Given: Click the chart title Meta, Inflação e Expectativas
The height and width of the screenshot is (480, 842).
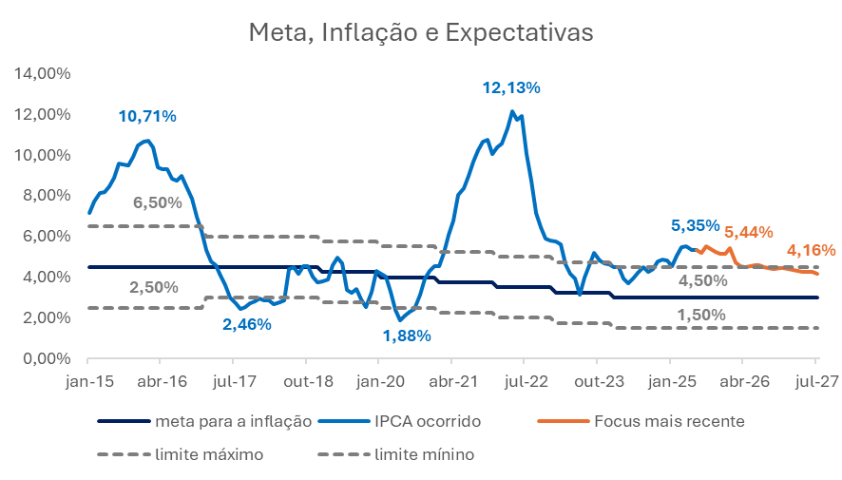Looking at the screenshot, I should [x=420, y=32].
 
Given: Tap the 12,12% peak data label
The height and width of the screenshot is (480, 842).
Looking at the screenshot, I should [x=511, y=87].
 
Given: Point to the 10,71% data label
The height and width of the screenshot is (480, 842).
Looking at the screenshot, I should [x=147, y=116].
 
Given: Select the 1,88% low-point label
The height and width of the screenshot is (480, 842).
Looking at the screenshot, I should [x=407, y=336].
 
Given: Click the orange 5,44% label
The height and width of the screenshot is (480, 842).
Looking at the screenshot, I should [x=748, y=231].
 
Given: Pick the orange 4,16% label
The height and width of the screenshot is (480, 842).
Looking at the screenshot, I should [x=811, y=251].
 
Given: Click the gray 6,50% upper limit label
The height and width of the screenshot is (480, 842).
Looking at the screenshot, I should [x=156, y=202].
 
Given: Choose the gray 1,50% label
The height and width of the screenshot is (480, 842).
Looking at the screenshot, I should [x=701, y=315].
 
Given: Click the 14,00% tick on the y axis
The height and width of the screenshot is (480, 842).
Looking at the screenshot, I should [x=41, y=73].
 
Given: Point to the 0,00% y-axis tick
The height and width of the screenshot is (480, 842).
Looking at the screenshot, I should [x=45, y=358].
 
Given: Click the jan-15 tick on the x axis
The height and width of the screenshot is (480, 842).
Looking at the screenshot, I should [x=87, y=380].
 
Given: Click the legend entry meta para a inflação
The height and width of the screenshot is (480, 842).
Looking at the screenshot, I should [x=234, y=420].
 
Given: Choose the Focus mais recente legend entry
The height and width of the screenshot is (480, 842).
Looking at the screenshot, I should [x=669, y=420].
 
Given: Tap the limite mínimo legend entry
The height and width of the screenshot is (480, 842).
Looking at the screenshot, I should [x=424, y=455].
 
